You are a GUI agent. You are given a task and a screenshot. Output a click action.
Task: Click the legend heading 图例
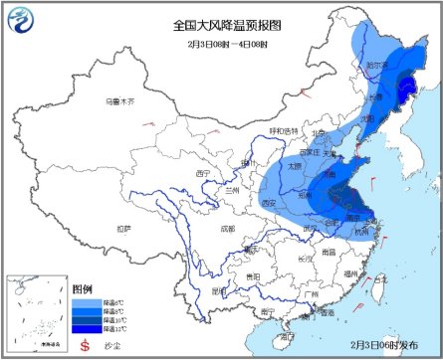[x=83, y=286]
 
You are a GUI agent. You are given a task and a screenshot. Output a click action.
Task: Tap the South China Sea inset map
[x=35, y=312]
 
